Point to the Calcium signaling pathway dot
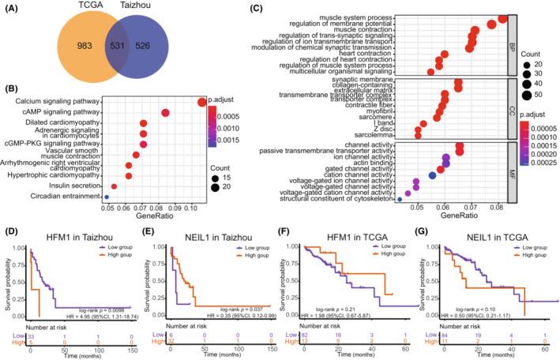(x=201, y=101)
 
